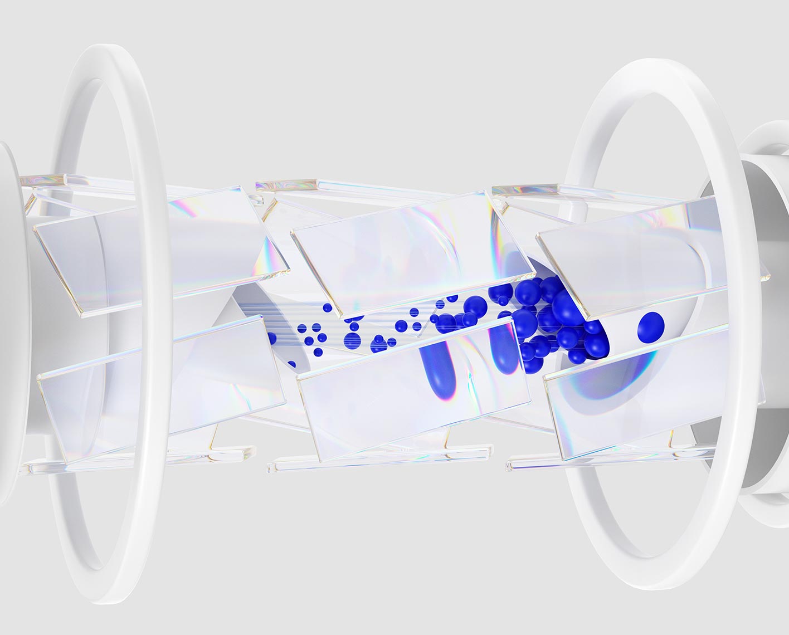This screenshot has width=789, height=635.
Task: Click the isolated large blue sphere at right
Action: point(651,326)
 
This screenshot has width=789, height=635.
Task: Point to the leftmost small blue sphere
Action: point(272,338)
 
